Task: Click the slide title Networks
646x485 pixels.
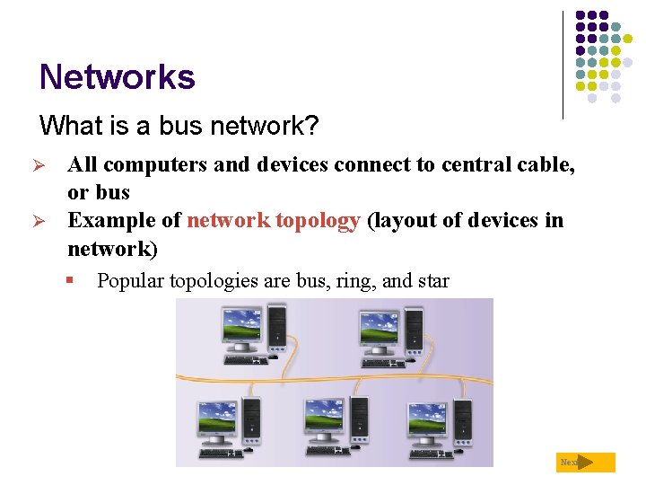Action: coord(117,77)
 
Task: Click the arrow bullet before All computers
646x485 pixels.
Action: coord(51,165)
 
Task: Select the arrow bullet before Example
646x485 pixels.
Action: coord(51,222)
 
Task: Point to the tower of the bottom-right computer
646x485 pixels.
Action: coord(464,420)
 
